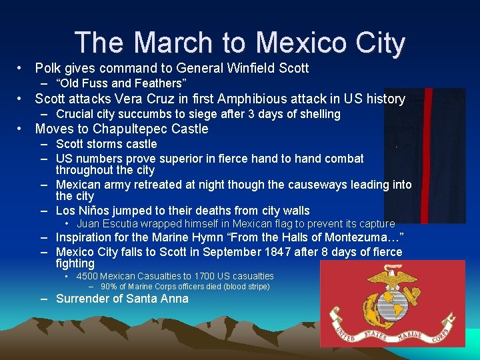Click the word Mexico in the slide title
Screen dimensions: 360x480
tap(300, 43)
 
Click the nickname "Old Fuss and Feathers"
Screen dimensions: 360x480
tap(120, 83)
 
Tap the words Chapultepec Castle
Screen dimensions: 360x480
tap(151, 129)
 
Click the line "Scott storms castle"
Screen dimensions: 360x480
tap(107, 144)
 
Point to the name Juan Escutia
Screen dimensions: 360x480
tap(108, 224)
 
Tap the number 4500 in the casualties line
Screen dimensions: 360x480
tap(87, 276)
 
